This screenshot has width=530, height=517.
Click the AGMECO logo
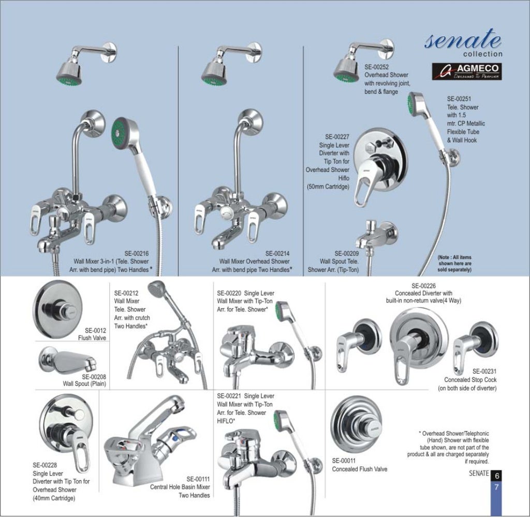pos(467,71)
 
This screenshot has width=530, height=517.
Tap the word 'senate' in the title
pos(463,40)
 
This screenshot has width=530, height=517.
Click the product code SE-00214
pos(277,253)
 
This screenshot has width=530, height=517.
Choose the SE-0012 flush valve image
pos(56,311)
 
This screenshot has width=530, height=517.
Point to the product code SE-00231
pos(484,371)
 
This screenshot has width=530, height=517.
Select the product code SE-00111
pos(198,479)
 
